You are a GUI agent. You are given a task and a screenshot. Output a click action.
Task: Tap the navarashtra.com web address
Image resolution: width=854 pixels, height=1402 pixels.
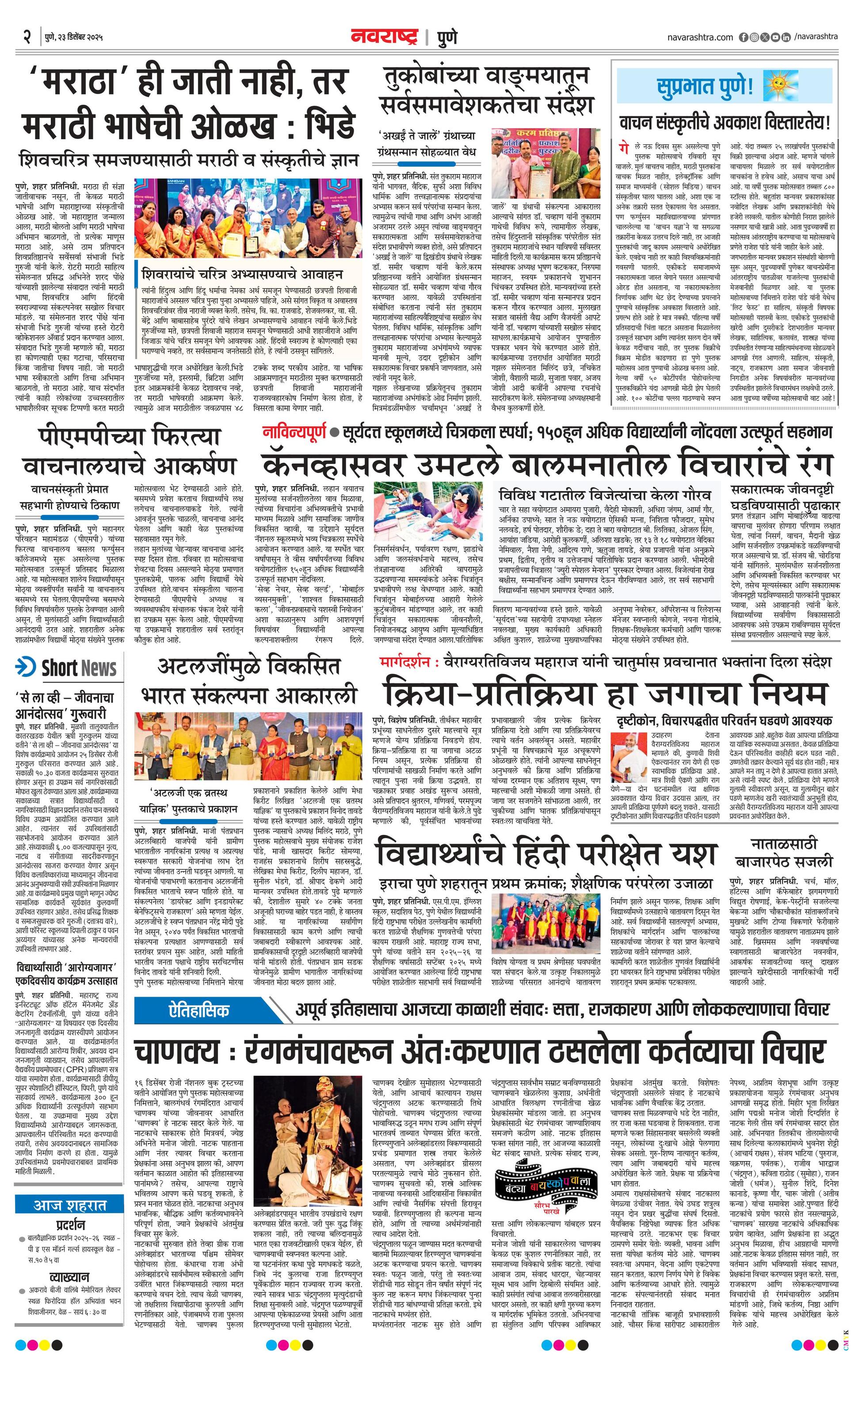[700, 38]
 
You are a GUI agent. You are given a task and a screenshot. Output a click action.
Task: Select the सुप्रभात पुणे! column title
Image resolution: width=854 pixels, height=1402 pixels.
[704, 88]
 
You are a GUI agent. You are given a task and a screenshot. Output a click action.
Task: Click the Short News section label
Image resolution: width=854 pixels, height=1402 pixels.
[79, 668]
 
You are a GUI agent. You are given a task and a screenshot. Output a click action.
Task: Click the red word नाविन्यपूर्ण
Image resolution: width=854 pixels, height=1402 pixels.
[294, 432]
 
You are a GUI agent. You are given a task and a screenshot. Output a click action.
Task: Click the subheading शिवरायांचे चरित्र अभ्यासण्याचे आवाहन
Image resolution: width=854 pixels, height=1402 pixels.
[242, 274]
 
